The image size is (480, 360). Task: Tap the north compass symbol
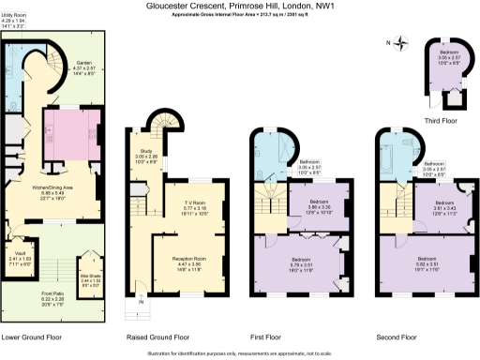point(401,41)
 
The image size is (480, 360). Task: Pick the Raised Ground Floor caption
point(157,336)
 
